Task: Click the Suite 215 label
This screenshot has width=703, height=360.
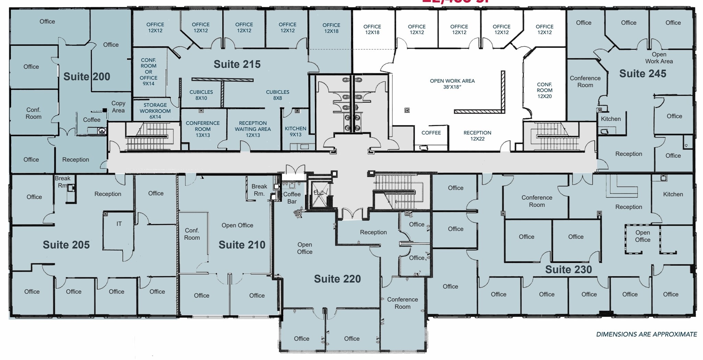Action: (x=237, y=64)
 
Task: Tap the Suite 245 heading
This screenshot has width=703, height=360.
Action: (x=642, y=73)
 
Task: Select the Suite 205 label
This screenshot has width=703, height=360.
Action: (x=66, y=245)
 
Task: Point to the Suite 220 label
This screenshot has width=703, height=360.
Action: (x=337, y=279)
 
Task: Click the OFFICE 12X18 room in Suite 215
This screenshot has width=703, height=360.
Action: (x=331, y=28)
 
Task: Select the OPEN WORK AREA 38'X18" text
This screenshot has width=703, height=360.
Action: (x=452, y=84)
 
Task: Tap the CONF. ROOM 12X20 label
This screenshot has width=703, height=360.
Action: (x=544, y=90)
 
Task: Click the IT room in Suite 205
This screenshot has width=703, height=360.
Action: (x=119, y=224)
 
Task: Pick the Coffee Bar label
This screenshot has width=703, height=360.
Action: (x=292, y=198)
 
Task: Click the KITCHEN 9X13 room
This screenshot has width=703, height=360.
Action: (x=295, y=131)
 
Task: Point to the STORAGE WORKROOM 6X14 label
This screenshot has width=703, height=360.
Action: (x=155, y=111)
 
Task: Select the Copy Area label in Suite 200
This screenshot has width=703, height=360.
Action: (x=118, y=107)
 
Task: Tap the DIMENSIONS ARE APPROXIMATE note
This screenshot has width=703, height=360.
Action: (x=646, y=334)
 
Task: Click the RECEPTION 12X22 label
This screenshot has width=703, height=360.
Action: (x=477, y=136)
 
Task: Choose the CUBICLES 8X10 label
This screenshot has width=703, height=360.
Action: (x=201, y=95)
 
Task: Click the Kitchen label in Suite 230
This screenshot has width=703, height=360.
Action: (x=673, y=194)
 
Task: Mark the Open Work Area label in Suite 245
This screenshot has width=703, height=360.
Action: (x=659, y=58)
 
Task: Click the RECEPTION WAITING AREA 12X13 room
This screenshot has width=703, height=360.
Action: (x=253, y=129)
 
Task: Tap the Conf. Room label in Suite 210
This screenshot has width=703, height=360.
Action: (x=192, y=234)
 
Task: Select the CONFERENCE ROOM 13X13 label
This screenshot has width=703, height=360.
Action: (x=203, y=129)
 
